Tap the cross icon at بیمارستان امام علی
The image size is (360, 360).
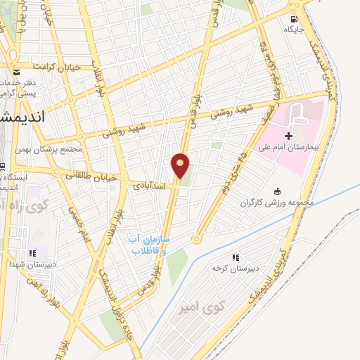tap(289, 135)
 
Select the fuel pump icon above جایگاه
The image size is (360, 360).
tap(294, 19)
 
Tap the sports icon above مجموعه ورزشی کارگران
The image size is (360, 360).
tap(276, 191)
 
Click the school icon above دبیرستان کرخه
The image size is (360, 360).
tap(236, 258)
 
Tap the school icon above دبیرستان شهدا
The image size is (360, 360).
tap(32, 254)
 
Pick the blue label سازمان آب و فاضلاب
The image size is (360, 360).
tap(150, 245)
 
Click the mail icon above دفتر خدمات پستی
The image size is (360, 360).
tap(16, 72)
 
